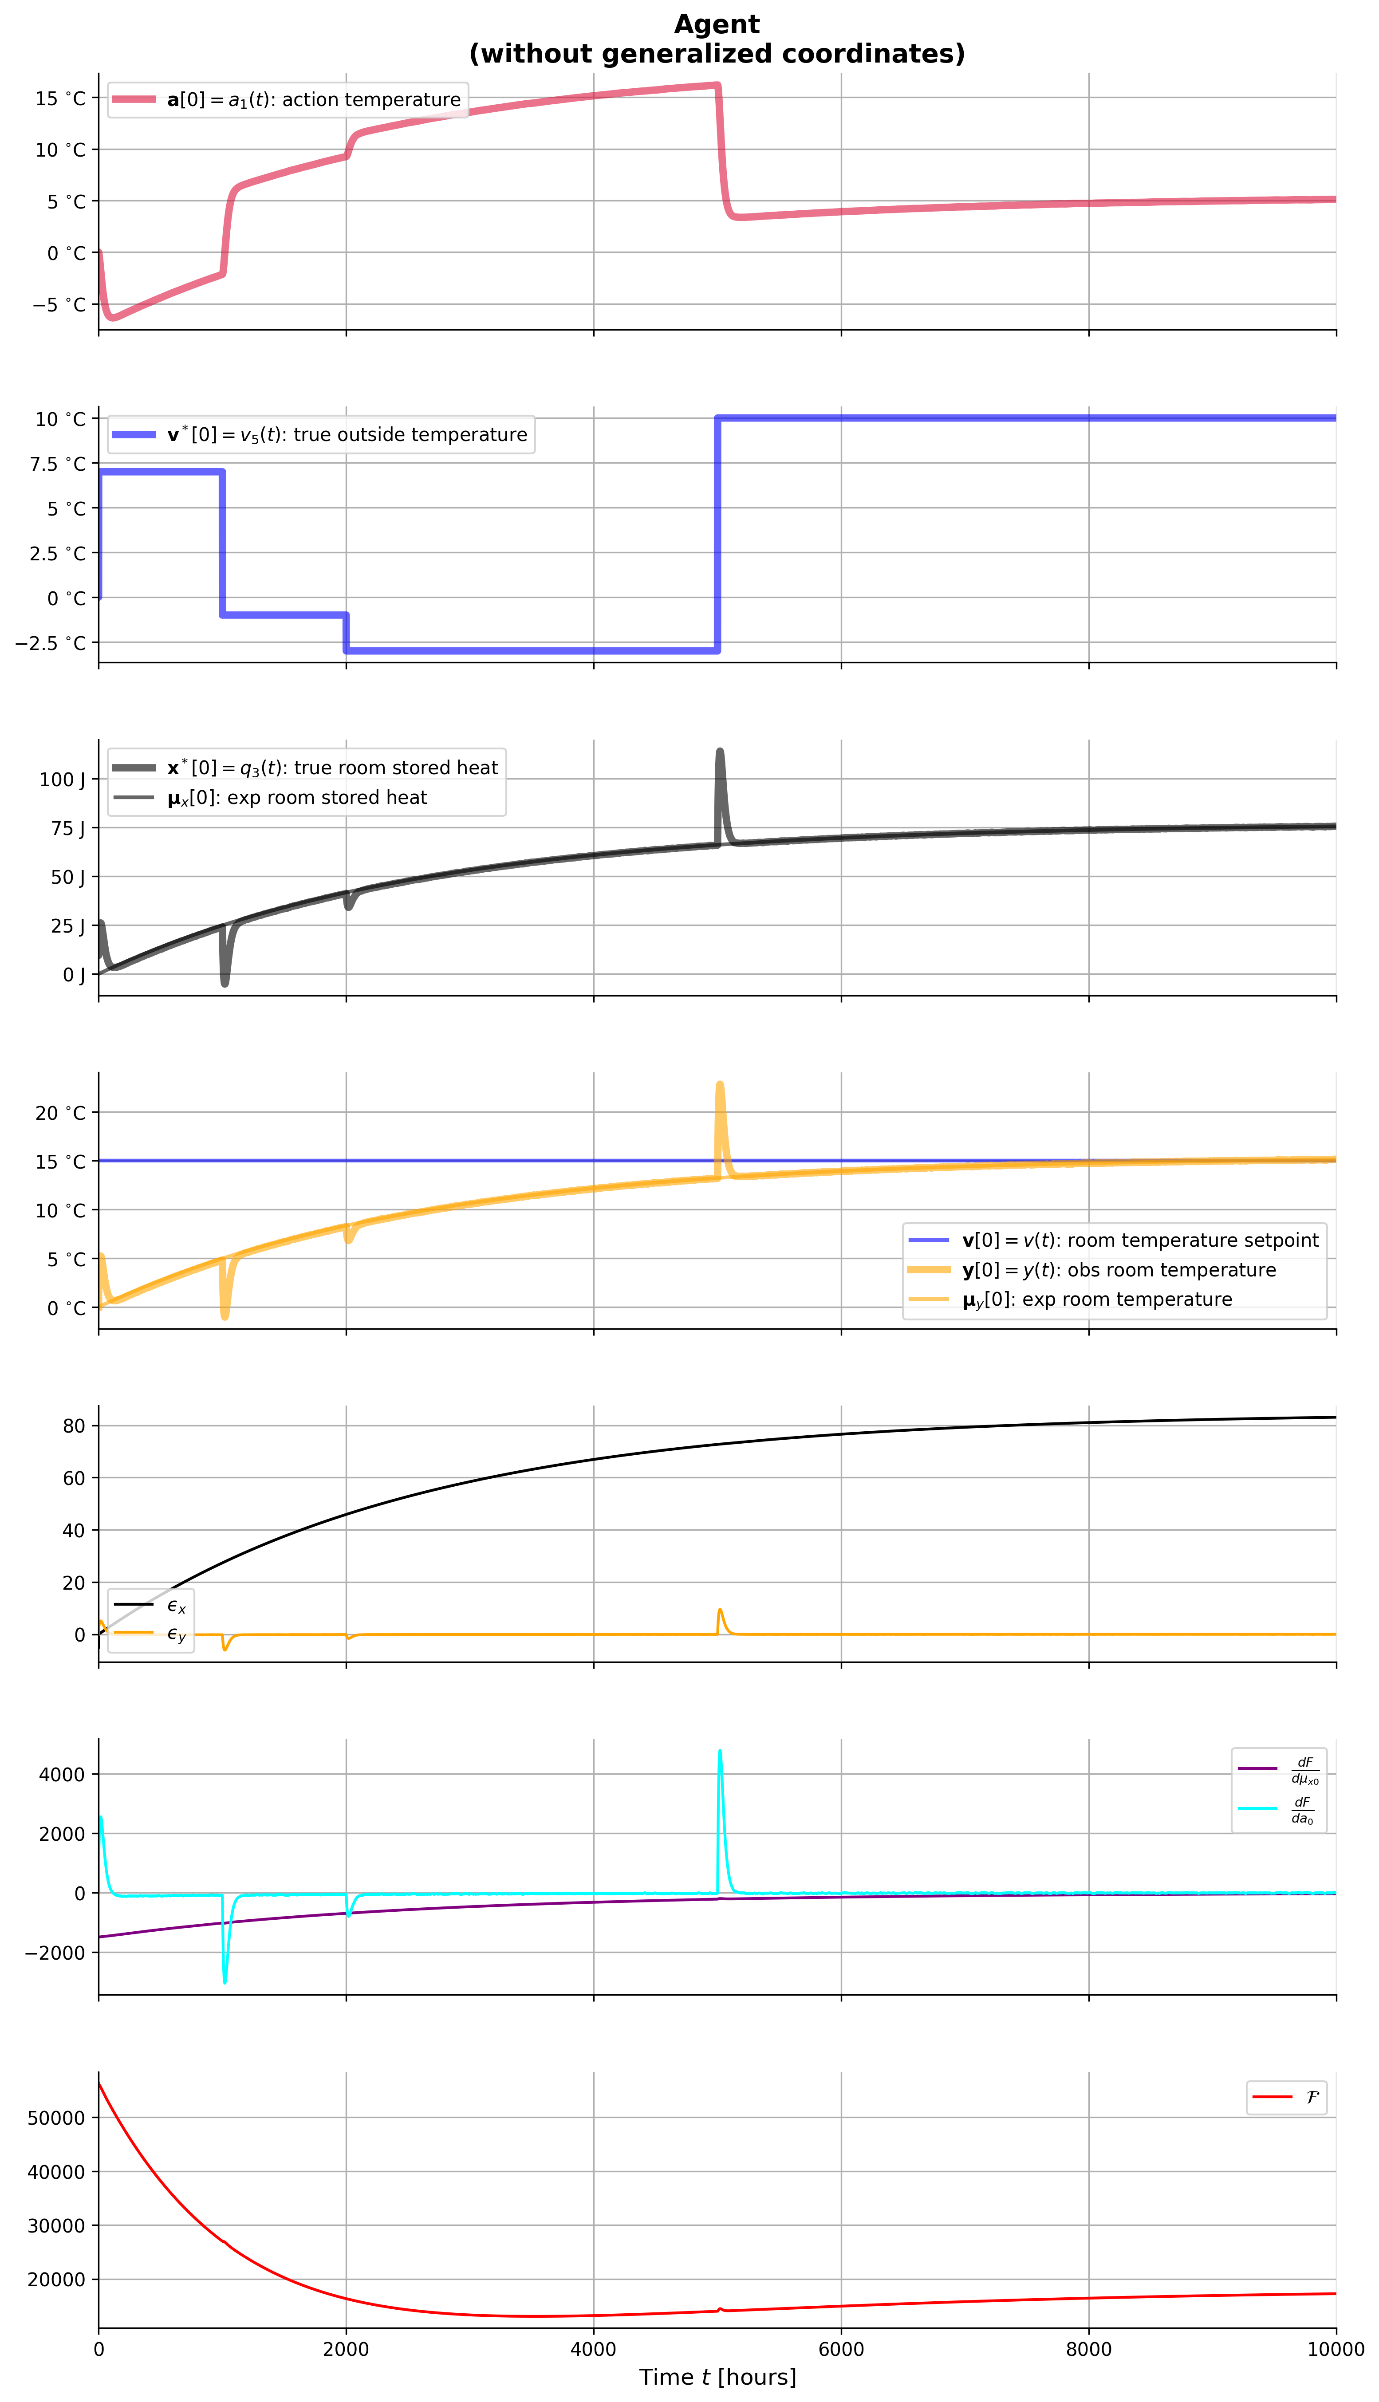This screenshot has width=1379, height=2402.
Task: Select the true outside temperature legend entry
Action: [x=347, y=435]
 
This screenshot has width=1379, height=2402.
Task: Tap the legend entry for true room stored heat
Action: [x=331, y=768]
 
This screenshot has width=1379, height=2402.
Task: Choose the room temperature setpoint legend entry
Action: [x=1139, y=1240]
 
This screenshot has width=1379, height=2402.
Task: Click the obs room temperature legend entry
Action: [x=1119, y=1270]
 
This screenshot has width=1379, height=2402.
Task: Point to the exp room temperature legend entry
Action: [x=1097, y=1299]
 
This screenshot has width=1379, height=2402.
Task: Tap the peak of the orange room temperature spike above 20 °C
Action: [x=720, y=1084]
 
